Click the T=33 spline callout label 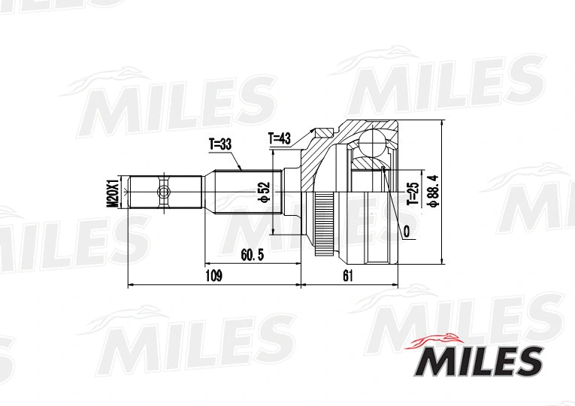pos(220,144)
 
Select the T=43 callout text pos(280,138)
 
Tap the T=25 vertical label pos(412,193)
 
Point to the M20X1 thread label pos(112,192)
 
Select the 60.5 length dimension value pos(252,255)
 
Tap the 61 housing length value pos(347,276)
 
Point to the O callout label pos(406,232)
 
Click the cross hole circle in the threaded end pos(162,192)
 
